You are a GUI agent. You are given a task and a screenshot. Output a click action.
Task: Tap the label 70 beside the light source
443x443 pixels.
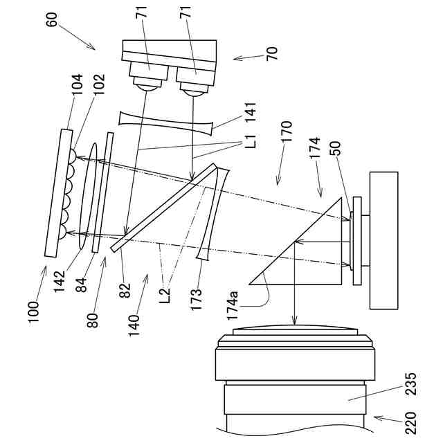click(x=271, y=53)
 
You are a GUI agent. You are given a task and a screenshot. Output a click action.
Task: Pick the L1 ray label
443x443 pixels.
click(x=251, y=145)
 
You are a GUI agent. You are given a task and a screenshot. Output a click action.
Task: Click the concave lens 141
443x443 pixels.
click(x=166, y=120)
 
